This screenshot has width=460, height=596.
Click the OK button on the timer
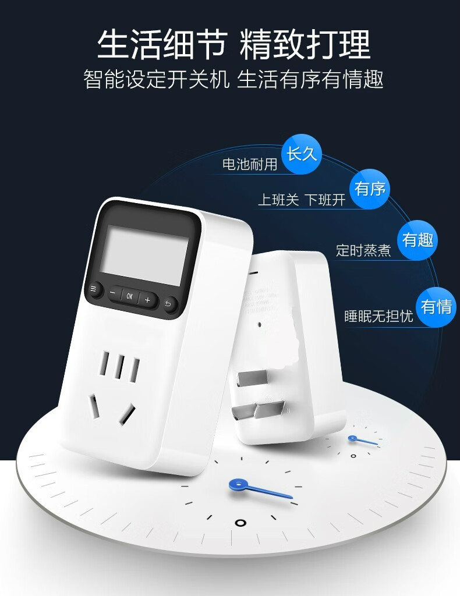(x=129, y=296)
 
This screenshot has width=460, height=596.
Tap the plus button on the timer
(x=148, y=300)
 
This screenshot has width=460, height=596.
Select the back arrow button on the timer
(x=169, y=304)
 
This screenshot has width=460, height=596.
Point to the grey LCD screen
(x=143, y=253)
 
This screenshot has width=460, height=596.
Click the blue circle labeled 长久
(x=301, y=154)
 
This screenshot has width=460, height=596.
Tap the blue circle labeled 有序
(x=370, y=189)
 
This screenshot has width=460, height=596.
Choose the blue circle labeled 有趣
(x=417, y=239)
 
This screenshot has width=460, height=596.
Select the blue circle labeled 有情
(x=436, y=306)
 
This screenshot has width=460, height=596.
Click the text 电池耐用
(x=250, y=164)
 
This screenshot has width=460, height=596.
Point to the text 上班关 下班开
(x=302, y=200)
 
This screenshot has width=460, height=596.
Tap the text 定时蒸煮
(x=364, y=250)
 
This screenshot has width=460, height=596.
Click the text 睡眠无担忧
(x=378, y=317)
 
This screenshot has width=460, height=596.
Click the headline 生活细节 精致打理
(x=233, y=45)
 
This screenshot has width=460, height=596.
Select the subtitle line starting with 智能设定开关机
(x=233, y=79)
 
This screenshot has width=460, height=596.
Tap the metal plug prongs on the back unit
(x=256, y=396)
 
